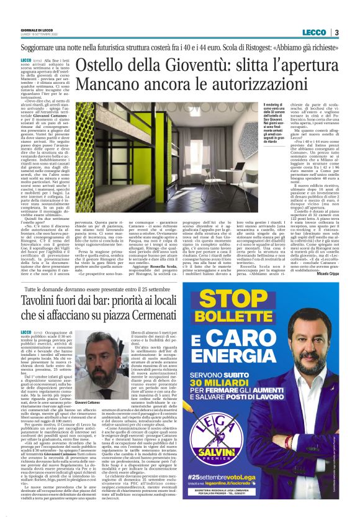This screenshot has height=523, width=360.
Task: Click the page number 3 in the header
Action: (x=336, y=32)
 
